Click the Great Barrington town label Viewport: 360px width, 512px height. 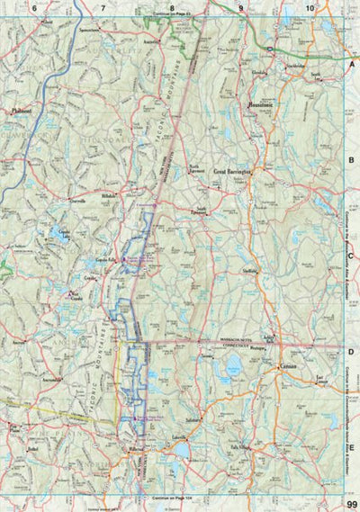[x=231, y=168]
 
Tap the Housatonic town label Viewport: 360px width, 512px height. [x=260, y=105]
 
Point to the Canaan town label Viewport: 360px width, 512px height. [x=289, y=367]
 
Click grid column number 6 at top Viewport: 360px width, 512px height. [x=34, y=8]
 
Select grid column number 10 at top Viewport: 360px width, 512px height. [x=310, y=8]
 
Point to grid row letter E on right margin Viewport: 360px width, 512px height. [x=352, y=446]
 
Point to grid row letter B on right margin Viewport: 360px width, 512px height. [x=352, y=160]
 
